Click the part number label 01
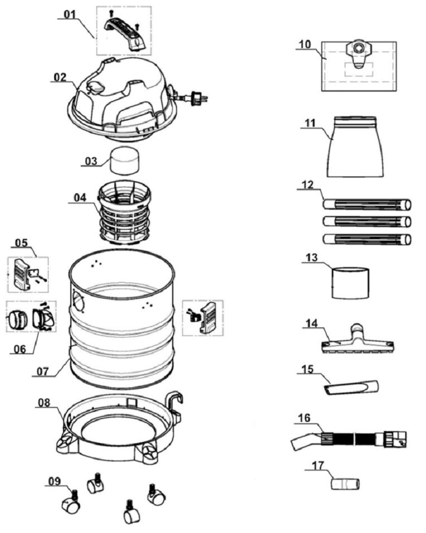[70, 15]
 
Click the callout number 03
[91, 161]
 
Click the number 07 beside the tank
[43, 371]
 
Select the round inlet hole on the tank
[78, 300]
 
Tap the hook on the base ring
[175, 405]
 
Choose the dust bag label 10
[305, 44]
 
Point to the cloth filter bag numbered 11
[355, 147]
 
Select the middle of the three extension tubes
[366, 222]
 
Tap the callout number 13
[312, 258]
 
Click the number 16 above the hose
[304, 418]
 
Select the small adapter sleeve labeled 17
[345, 483]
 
